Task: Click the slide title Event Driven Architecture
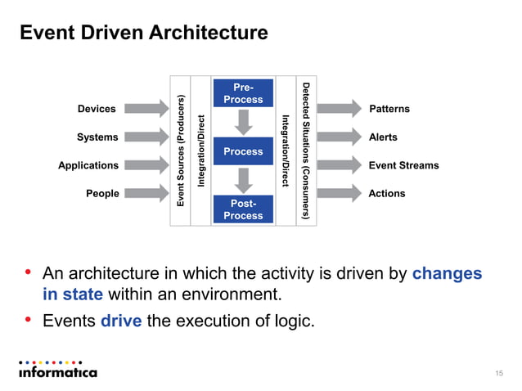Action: pos(143,34)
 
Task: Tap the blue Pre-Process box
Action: pos(242,93)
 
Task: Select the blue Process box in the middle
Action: pos(243,151)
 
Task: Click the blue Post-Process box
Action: pos(242,209)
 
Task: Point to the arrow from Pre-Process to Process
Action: pos(243,122)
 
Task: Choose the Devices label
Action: pos(97,109)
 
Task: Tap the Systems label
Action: pos(97,137)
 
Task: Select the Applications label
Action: pos(88,165)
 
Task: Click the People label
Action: pos(102,194)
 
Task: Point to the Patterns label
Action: pos(389,109)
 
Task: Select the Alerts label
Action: pos(383,137)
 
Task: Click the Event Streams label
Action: pos(403,165)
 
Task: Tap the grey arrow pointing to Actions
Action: pos(339,194)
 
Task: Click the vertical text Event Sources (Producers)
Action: pos(180,151)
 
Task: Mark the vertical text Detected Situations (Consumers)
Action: pos(305,151)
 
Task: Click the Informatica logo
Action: pos(57,370)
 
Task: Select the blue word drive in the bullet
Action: pos(121,321)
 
